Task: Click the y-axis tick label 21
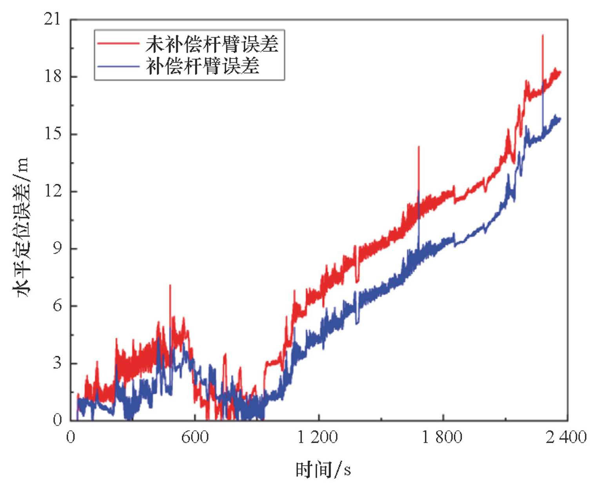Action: coord(53,19)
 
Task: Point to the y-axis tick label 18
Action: coord(53,76)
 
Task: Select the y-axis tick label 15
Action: coord(53,134)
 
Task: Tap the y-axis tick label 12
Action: coord(53,191)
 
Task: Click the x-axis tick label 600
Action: coord(195,437)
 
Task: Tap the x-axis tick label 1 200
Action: coord(318,437)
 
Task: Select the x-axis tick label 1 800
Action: coord(442,437)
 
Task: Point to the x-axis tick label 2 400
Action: coord(566,437)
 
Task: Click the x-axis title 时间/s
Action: coord(323,470)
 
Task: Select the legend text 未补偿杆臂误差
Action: coord(212,44)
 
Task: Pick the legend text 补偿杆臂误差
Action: coord(202,66)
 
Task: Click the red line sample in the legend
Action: coord(118,44)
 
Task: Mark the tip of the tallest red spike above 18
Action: coord(542,35)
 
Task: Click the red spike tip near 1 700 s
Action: coord(419,147)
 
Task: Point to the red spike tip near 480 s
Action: coord(170,285)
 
